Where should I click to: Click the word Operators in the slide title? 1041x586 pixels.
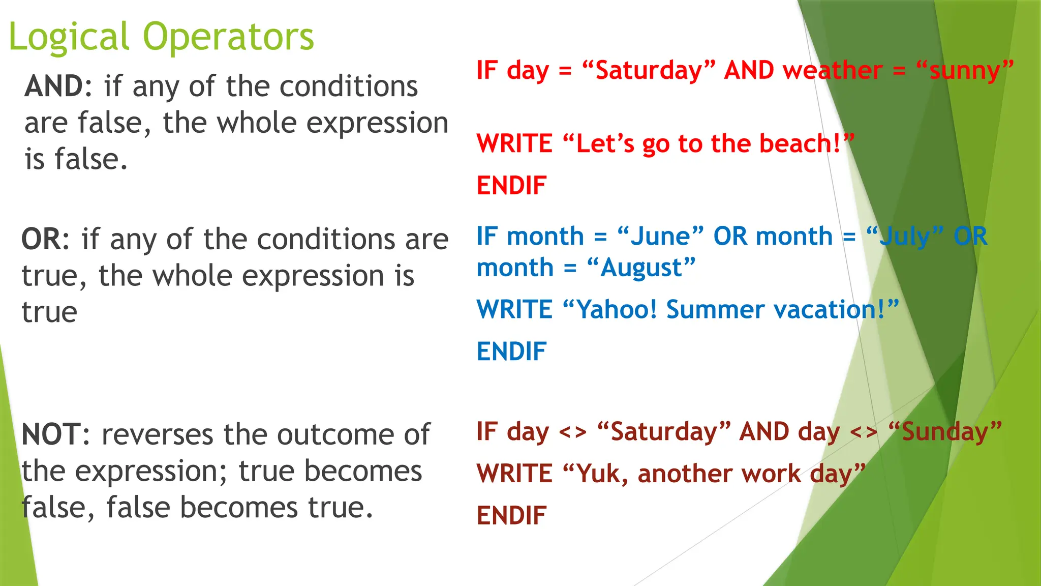(228, 37)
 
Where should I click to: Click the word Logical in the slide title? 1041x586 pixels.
(69, 37)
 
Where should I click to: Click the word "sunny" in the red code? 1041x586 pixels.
(964, 70)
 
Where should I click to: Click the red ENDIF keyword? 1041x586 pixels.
(511, 186)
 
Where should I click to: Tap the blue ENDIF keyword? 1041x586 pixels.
(511, 351)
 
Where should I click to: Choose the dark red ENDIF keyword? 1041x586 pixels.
(511, 516)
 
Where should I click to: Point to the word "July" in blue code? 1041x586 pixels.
(905, 237)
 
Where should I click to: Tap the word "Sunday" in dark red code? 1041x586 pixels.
(944, 432)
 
